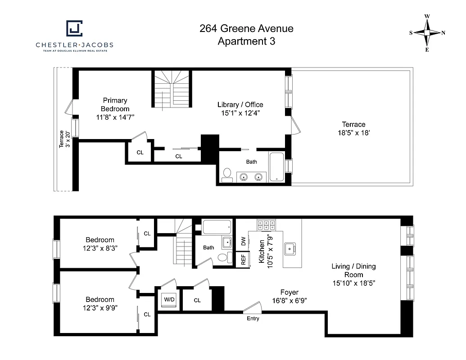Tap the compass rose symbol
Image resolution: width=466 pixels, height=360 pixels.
[427, 33]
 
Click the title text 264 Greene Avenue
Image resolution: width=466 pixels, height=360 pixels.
[246, 29]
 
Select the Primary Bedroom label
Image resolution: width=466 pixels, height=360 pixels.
[115, 104]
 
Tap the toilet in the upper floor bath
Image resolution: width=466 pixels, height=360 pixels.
[227, 175]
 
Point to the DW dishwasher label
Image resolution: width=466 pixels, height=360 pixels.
[243, 241]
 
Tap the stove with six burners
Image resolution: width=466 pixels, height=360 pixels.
[266, 225]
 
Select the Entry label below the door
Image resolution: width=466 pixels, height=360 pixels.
[253, 319]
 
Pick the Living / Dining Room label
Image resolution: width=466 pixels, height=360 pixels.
[353, 270]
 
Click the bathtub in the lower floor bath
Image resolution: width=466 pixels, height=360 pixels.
[217, 227]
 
